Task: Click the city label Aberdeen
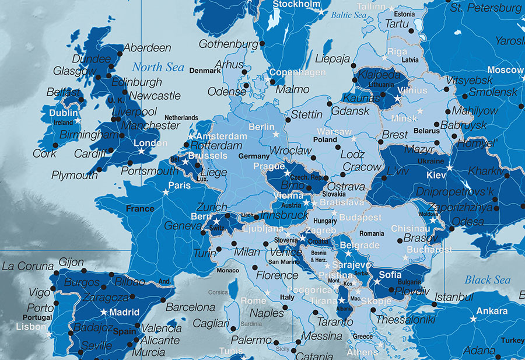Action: [x=148, y=48]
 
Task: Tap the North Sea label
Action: [x=157, y=67]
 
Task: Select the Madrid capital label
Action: [x=124, y=312]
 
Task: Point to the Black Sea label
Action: [x=487, y=280]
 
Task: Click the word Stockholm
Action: [x=297, y=5]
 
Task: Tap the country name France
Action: [x=140, y=208]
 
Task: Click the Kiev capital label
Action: [x=436, y=174]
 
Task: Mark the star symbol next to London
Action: [x=141, y=151]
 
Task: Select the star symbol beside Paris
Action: [x=166, y=191]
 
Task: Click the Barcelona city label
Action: [x=191, y=307]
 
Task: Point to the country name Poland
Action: [x=325, y=140]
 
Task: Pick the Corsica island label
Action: [x=218, y=292]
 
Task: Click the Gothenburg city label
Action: [x=228, y=44]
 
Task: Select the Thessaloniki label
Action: [x=405, y=320]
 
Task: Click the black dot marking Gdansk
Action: [x=329, y=104]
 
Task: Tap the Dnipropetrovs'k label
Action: [x=455, y=191]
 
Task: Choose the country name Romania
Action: [x=372, y=233]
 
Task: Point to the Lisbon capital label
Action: [x=30, y=327]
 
